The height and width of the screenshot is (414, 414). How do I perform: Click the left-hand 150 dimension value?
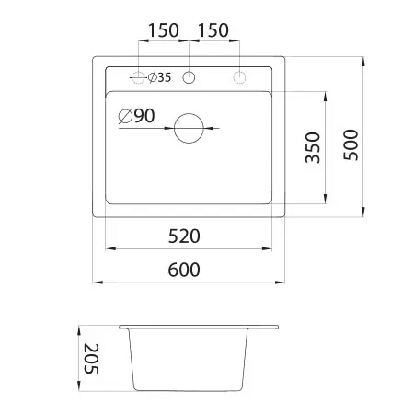coord(163,29)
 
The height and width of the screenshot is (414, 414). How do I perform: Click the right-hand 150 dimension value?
coord(213,29)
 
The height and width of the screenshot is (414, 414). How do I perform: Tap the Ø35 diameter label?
coord(159,78)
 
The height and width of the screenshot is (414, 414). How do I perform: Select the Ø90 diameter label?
coord(136,117)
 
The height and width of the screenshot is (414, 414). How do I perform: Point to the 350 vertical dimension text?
coord(312,147)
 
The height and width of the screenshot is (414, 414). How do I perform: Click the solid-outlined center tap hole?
coord(190,77)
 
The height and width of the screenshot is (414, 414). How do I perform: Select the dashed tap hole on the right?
coord(239,77)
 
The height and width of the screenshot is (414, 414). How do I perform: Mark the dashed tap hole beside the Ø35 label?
coord(139,77)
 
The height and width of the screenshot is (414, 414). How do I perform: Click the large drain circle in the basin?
coord(190,127)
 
